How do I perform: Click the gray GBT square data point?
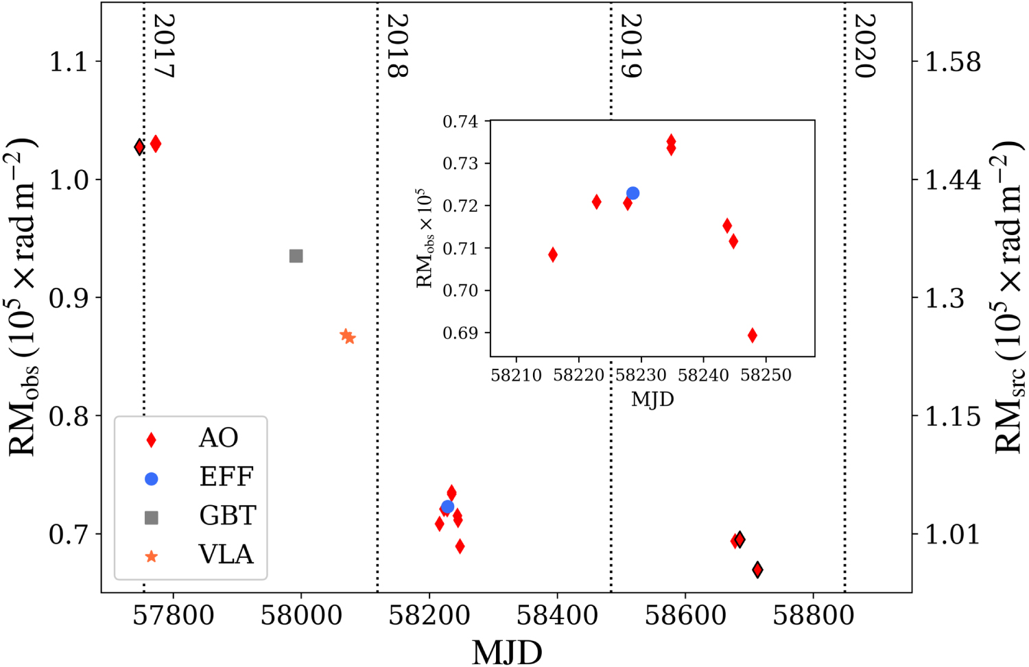coord(296,256)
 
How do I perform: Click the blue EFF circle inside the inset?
coord(632,193)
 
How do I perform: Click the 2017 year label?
coord(163,47)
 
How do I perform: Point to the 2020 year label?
coord(864,47)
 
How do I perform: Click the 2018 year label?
coord(397,47)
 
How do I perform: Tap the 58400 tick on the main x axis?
coord(557,615)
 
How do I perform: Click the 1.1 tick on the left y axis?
coord(68,62)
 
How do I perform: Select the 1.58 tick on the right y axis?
coord(953,62)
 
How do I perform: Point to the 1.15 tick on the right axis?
coord(953,416)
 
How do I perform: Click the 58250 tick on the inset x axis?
coord(766,375)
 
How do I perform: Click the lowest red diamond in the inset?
coord(753,335)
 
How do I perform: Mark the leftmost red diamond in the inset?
coord(553,255)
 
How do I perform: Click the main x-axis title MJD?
coord(507,651)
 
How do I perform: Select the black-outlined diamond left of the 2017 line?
coord(139,147)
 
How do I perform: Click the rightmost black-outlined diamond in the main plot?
coord(757,570)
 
